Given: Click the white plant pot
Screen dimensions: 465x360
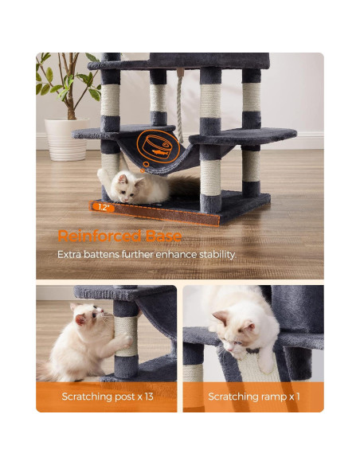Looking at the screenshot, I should (66, 139).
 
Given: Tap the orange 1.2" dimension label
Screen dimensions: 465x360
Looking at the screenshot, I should (103, 206).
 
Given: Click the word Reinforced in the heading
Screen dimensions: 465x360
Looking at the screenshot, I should (95, 236).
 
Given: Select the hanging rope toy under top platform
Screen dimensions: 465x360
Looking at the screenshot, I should (181, 104).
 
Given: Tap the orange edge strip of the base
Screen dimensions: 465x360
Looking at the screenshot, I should (159, 217).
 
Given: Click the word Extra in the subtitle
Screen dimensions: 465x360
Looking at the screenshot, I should (69, 255).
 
